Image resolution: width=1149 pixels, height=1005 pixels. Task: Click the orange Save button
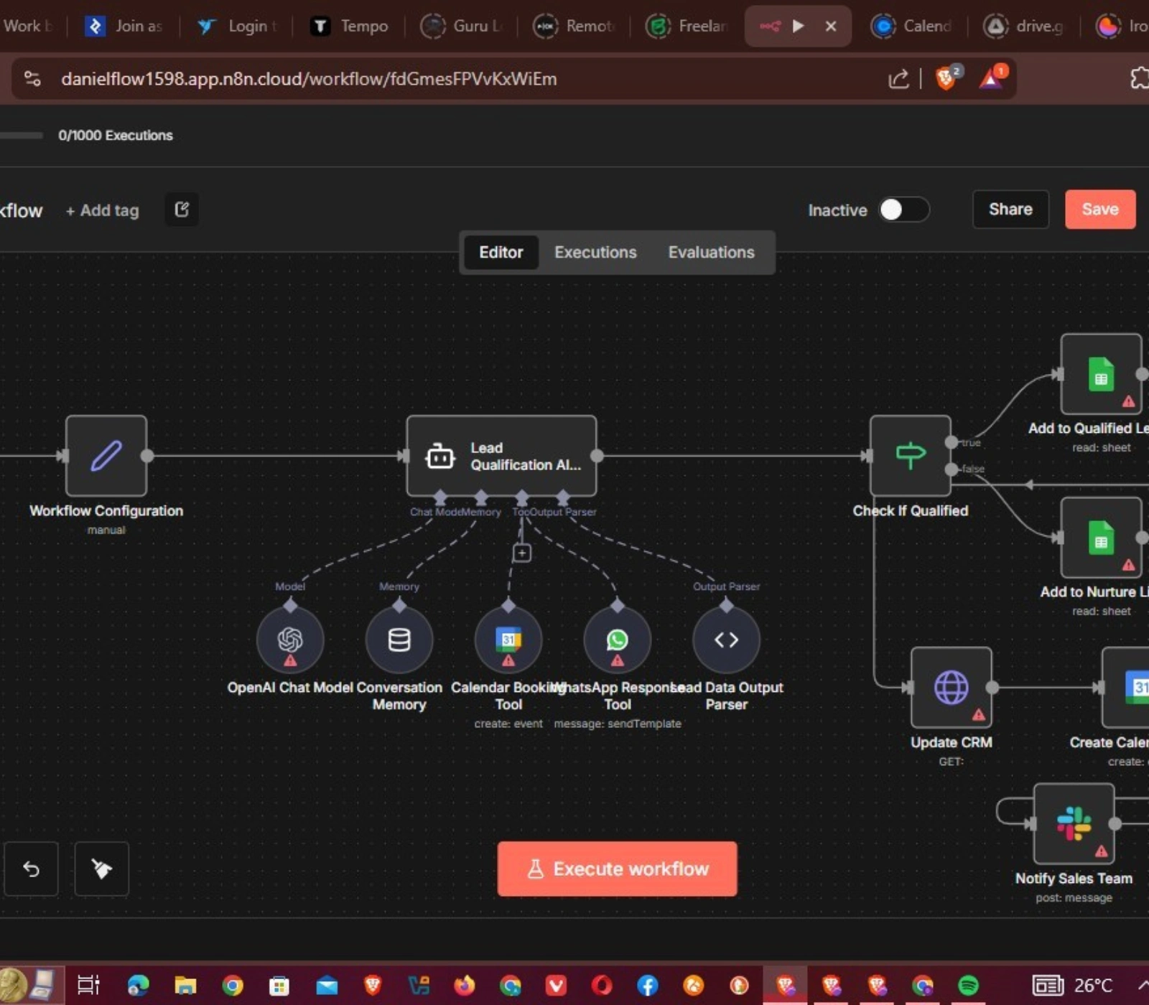coord(1099,209)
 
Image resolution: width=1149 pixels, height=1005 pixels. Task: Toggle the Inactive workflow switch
coord(903,210)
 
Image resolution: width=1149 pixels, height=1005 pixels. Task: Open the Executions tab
coord(595,252)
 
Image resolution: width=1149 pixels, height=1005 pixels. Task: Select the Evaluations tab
coord(711,252)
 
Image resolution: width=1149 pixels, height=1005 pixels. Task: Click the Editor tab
coord(501,252)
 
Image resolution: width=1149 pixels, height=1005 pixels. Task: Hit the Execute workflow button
coord(617,869)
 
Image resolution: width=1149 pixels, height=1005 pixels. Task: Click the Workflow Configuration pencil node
coord(106,456)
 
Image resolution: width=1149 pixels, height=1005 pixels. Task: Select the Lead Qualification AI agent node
coord(501,456)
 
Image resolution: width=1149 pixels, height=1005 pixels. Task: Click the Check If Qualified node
coord(910,456)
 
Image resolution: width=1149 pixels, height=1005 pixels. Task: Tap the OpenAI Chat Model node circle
coord(290,639)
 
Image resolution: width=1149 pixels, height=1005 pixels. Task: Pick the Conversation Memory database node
coord(399,639)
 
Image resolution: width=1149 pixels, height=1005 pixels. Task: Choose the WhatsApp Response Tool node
coord(617,639)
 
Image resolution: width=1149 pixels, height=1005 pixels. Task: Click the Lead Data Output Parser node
coord(726,639)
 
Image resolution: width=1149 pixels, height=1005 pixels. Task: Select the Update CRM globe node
coord(951,687)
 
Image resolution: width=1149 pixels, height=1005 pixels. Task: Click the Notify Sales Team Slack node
coord(1074,823)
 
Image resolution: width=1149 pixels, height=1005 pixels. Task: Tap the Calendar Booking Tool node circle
coord(508,639)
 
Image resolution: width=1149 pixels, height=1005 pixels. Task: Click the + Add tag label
coord(102,210)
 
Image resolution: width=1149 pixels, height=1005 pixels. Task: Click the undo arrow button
coord(31,869)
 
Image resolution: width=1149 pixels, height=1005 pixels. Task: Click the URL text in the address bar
coord(309,79)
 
